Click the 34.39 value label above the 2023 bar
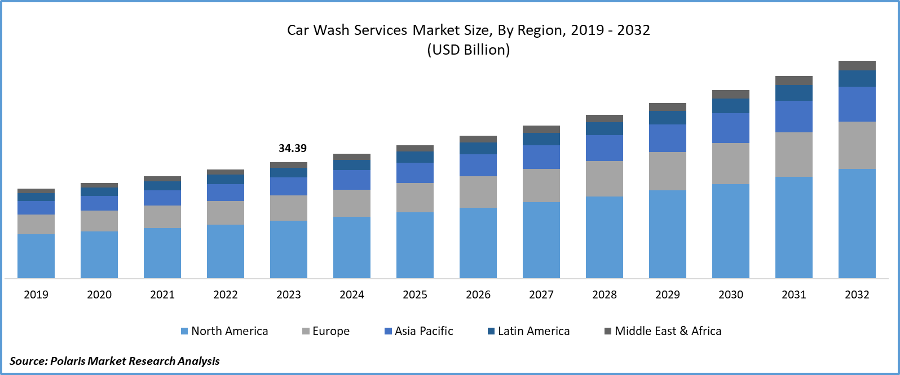coord(293,148)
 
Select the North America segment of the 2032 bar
coord(857,223)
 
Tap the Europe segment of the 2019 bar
coord(36,224)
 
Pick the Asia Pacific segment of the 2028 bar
coord(604,148)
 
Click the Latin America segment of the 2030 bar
coord(730,106)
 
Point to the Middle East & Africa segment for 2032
coord(857,65)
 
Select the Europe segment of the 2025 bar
coord(414,197)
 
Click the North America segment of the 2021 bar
coord(162,253)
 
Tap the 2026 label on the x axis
coord(478,294)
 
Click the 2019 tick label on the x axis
coord(36,294)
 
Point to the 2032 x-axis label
coord(857,294)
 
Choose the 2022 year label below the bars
coord(226,294)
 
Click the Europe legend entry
coord(330,331)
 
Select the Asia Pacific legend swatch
coord(388,331)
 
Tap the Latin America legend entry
coord(533,331)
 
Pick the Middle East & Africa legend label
coord(668,331)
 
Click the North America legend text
coord(230,331)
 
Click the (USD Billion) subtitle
coord(468,50)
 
